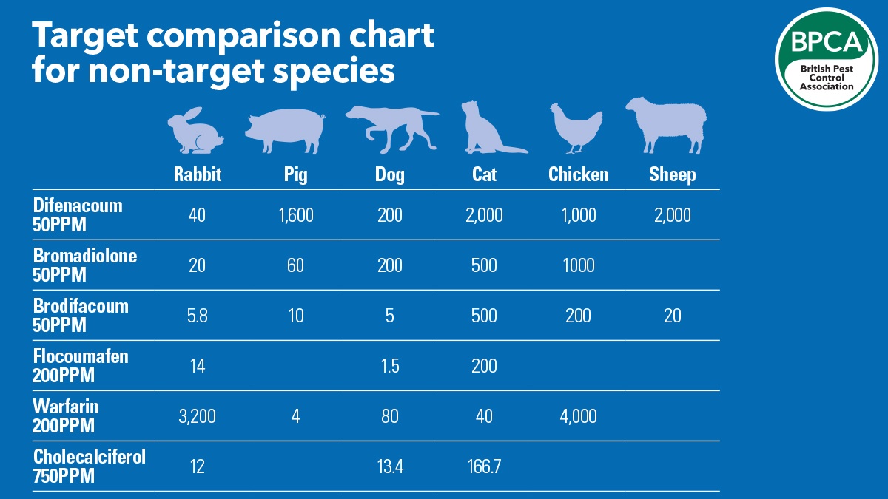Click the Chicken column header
coord(578,174)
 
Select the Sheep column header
coord(672,174)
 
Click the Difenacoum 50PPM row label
coord(78,215)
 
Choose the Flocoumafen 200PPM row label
coord(81,366)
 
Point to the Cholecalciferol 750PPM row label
coord(89,466)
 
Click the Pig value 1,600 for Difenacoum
coord(295,215)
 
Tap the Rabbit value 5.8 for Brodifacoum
coord(197,316)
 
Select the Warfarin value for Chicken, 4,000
coord(578,416)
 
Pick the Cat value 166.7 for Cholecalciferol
coord(485,466)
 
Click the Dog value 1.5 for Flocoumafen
coord(389,366)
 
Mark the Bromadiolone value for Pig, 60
coord(295,265)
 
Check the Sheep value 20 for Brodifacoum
coord(672,316)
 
